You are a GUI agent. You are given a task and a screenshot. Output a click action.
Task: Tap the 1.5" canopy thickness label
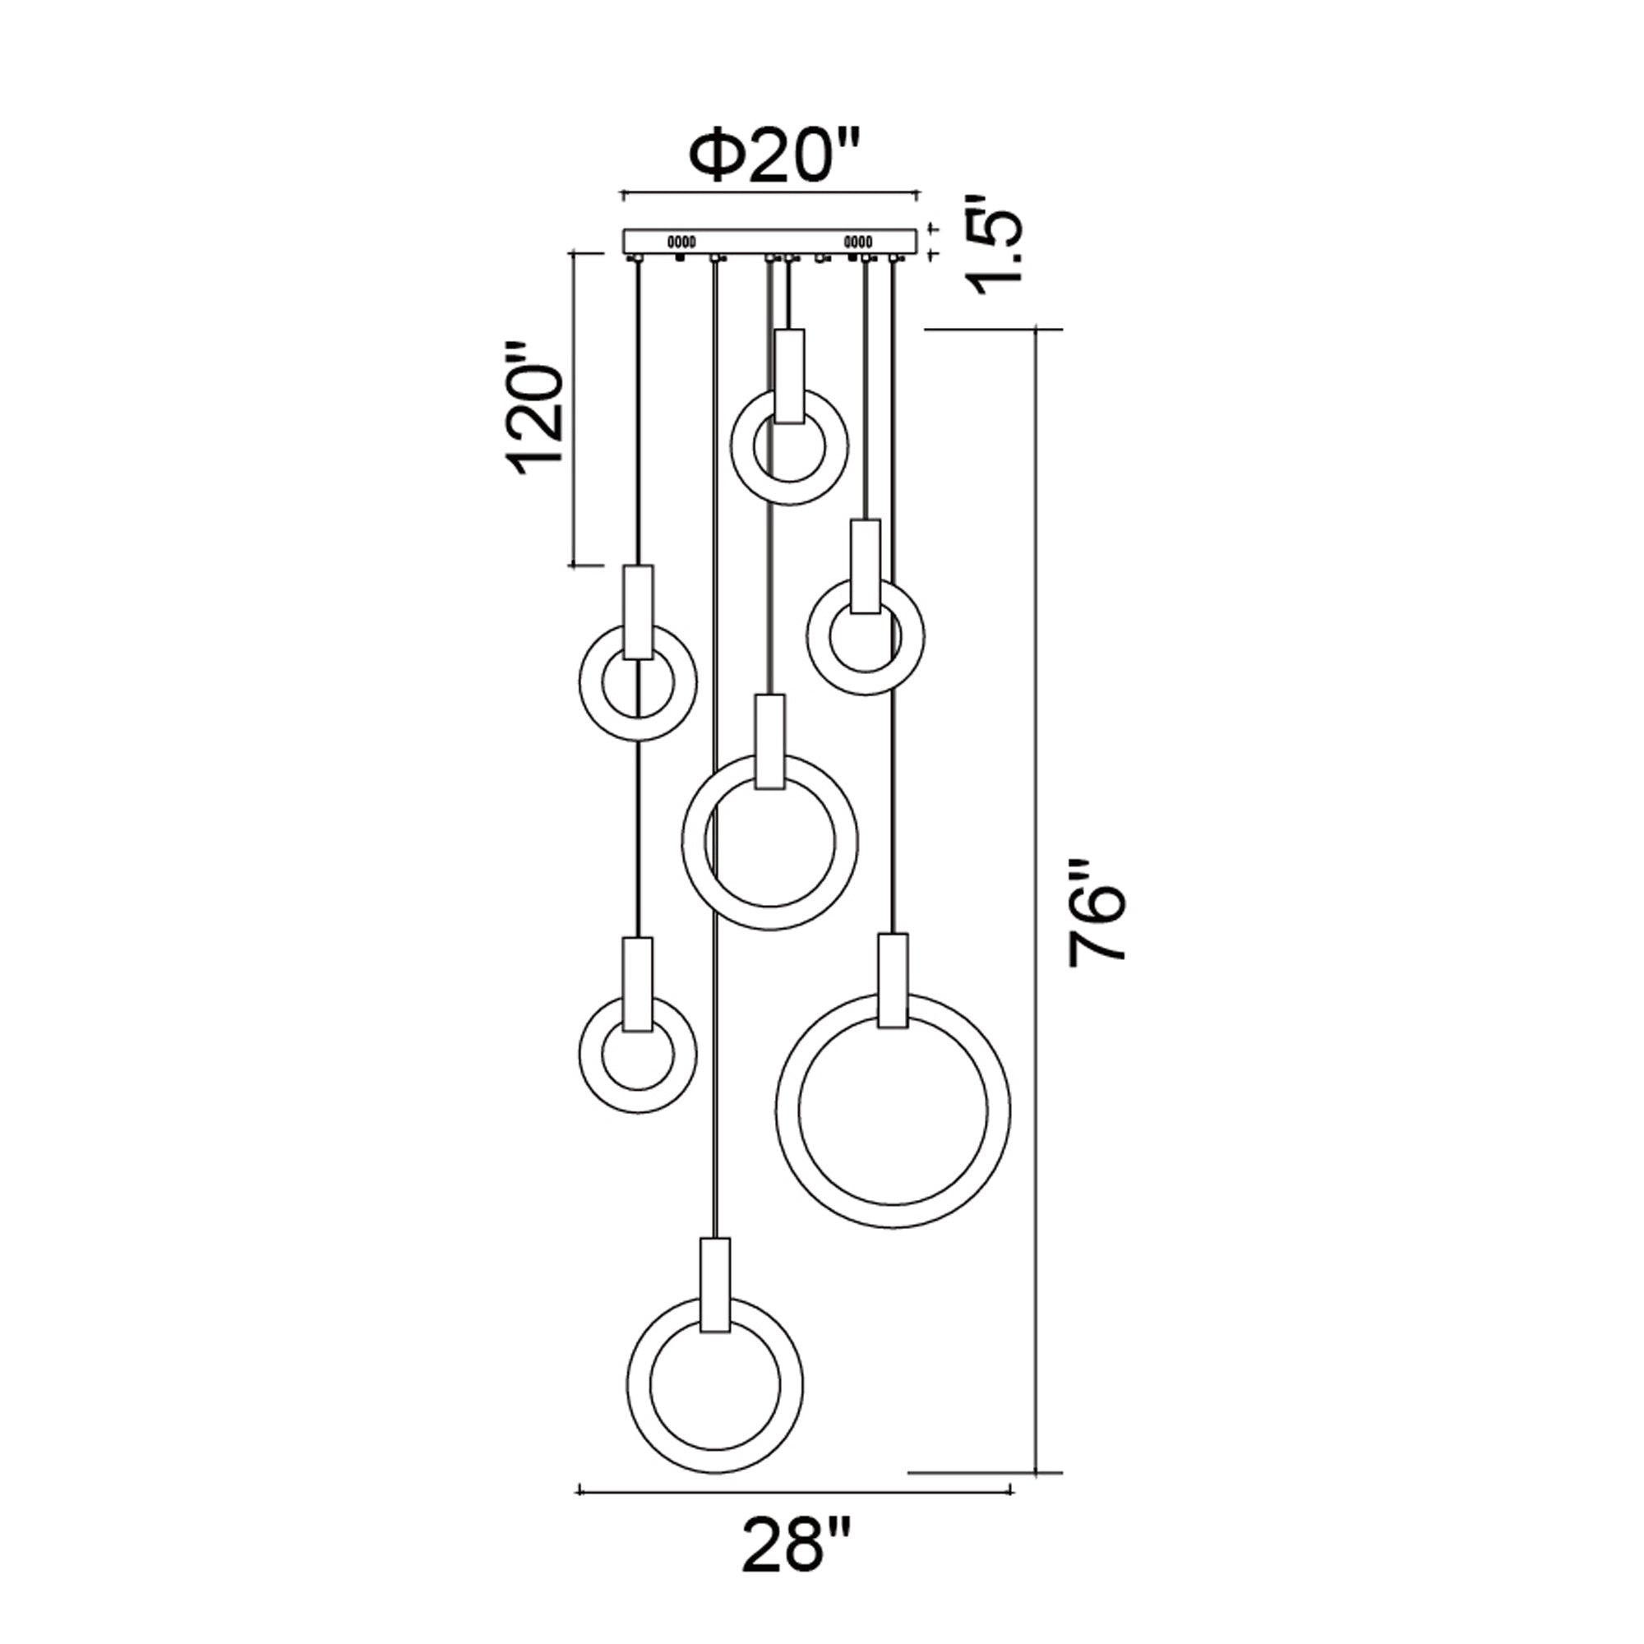pos(996,244)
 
